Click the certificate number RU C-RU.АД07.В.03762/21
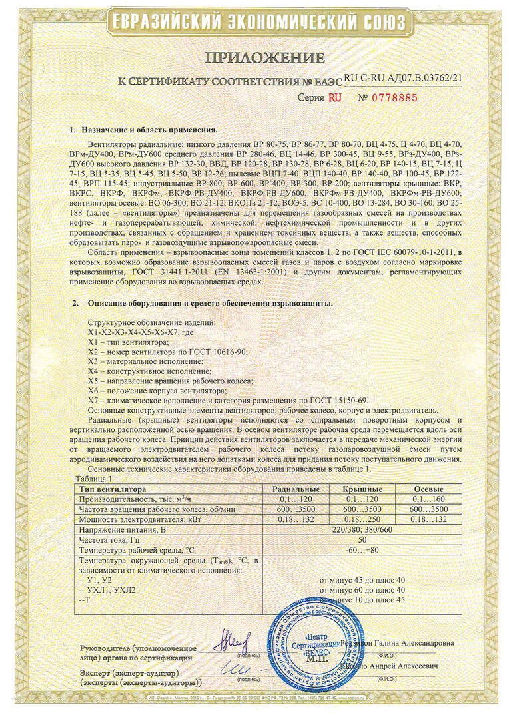404,78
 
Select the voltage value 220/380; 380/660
362,529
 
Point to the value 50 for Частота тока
362,539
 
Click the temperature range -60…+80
362,550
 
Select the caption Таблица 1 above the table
96,479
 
